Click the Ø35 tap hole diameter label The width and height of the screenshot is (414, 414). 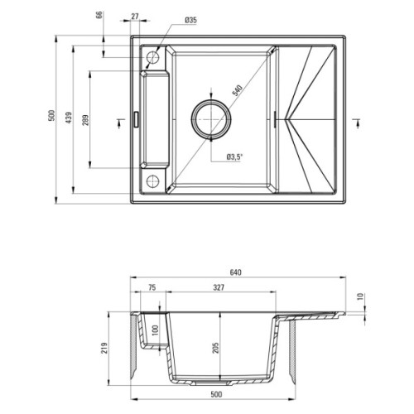point(190,19)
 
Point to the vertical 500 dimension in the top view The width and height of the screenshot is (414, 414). point(52,118)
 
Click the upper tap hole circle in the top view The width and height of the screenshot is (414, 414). point(153,58)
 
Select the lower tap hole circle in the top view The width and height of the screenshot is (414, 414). point(153,181)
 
